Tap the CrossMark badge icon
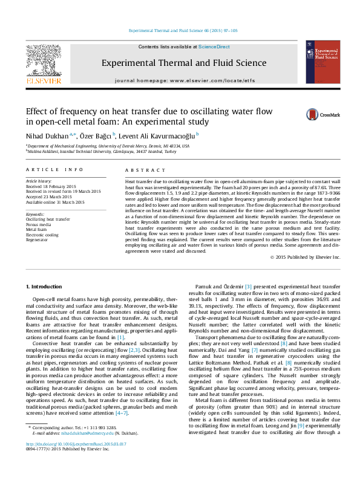pos(312,114)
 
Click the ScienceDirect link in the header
pos(214,47)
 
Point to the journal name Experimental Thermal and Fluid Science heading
pos(184,62)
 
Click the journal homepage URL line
pos(183,80)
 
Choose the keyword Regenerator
pos(37,240)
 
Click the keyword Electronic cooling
pos(42,235)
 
